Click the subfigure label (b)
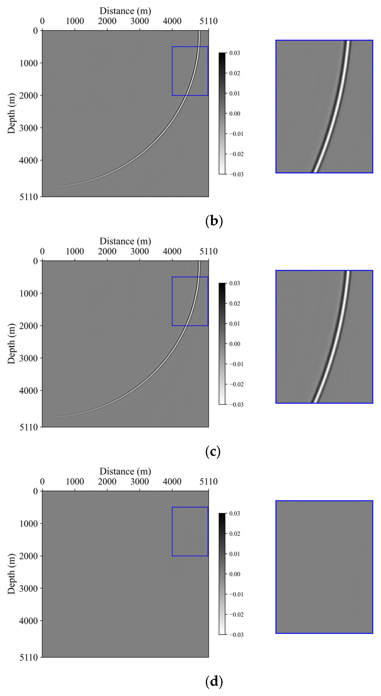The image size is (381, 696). tap(214, 221)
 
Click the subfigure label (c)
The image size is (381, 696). tap(213, 452)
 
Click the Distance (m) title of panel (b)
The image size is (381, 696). tap(125, 11)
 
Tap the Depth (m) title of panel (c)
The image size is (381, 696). tap(11, 344)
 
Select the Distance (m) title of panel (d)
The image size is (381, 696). tap(125, 471)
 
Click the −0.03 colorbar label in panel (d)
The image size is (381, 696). tap(236, 635)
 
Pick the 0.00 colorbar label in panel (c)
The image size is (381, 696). tap(234, 344)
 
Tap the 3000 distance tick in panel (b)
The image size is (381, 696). tap(139, 21)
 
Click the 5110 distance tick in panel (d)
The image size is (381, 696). tap(208, 482)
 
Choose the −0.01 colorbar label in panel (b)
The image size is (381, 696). tap(236, 134)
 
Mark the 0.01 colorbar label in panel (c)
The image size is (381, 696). tap(234, 324)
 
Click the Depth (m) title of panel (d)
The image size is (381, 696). tap(11, 574)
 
